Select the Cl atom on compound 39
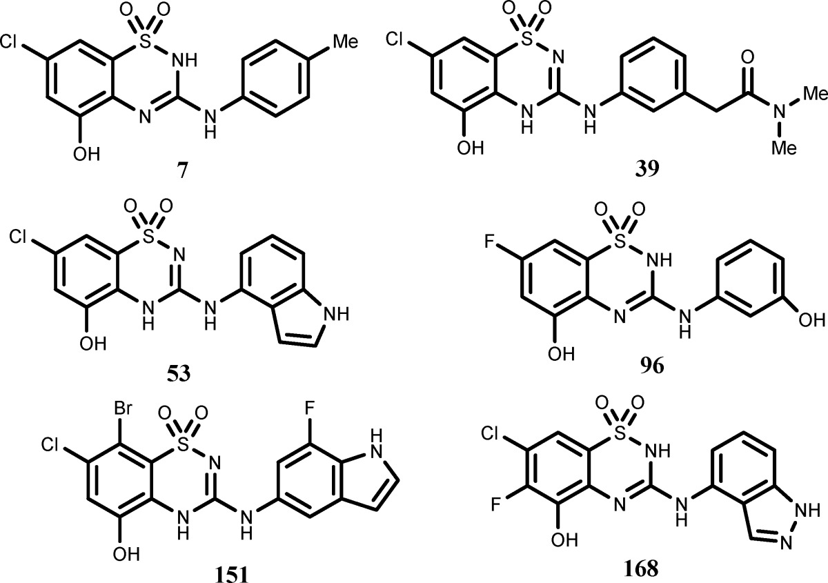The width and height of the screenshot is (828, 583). (x=400, y=41)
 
